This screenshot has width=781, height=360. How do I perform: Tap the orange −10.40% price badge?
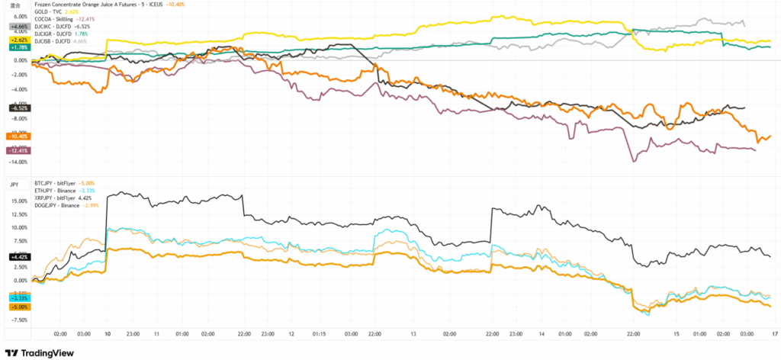point(18,136)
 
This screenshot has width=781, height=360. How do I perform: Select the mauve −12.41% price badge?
point(18,150)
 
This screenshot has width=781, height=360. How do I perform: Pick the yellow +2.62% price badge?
point(19,40)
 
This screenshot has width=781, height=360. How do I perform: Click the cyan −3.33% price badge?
point(18,297)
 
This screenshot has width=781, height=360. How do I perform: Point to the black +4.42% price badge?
point(18,256)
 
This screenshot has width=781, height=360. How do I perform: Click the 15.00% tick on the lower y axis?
point(20,201)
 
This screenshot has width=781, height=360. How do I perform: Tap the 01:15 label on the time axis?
point(321,334)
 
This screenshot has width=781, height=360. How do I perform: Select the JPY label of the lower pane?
point(14,184)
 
